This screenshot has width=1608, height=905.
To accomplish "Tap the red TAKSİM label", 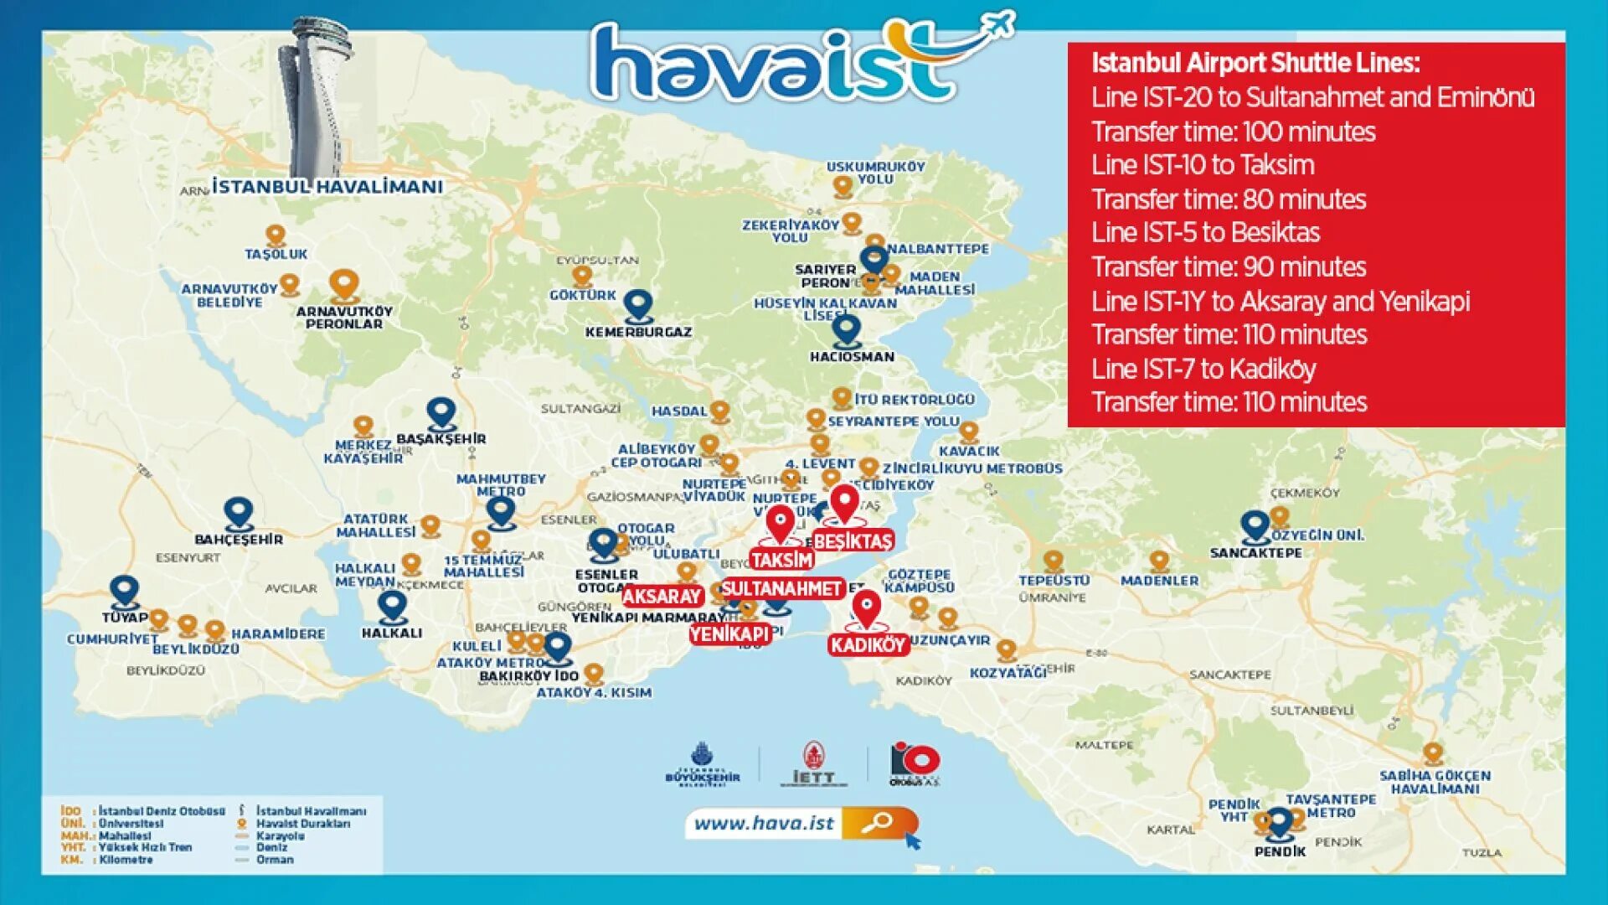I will tap(782, 560).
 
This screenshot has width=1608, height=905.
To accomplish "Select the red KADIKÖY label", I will tap(868, 644).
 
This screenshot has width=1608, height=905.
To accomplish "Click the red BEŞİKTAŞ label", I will tap(853, 541).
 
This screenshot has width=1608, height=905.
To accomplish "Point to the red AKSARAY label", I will tap(662, 596).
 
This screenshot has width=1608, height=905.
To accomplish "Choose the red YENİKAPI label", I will tap(729, 634).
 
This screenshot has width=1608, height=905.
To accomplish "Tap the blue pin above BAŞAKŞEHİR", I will tap(441, 413).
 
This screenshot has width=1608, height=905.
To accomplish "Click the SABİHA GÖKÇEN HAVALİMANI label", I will tap(1435, 782).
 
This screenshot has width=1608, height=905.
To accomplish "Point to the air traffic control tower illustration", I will tap(314, 96).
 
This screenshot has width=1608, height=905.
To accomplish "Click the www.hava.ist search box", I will tap(800, 824).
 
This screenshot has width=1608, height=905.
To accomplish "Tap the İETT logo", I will tap(813, 764).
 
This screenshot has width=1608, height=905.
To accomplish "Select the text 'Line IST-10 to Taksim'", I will tap(1203, 165).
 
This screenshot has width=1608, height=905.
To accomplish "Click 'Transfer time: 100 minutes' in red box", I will tap(1233, 132).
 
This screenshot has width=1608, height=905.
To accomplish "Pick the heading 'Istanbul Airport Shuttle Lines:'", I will tap(1255, 63).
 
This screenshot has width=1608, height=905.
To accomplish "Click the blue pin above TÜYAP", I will tap(125, 591).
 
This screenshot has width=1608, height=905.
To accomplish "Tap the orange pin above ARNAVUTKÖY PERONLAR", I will tap(343, 285).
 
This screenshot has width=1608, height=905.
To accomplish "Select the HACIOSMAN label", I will tap(852, 357).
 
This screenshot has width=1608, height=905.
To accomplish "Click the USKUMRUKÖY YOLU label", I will tap(875, 173).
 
